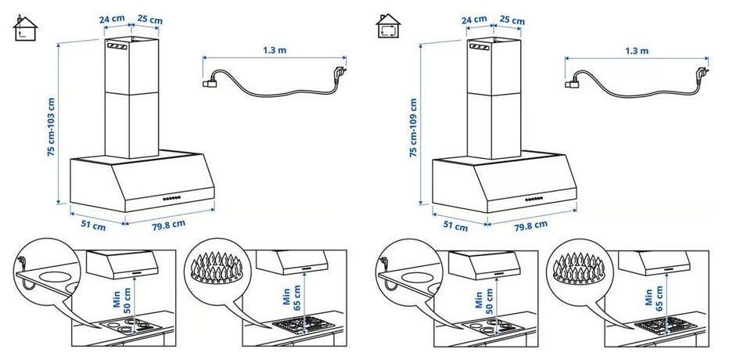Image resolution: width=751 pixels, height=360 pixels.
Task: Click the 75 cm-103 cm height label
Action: [52, 127]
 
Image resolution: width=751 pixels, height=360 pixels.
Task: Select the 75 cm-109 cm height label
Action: [413, 128]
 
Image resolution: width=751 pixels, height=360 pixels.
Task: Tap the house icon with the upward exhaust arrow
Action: [25, 27]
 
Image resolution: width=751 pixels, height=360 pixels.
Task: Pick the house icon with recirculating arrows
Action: [389, 26]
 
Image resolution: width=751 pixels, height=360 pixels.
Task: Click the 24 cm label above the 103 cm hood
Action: [112, 20]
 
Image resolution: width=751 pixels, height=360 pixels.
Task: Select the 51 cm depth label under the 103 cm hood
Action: [93, 225]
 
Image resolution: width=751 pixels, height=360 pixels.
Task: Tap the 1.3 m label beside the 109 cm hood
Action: [637, 50]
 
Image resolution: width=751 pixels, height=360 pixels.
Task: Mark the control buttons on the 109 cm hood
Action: [534, 199]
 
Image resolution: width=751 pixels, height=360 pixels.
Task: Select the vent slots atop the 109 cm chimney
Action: [479, 46]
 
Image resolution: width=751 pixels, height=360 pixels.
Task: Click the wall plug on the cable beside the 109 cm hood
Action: [702, 72]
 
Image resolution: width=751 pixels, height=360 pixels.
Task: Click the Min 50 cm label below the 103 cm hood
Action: [122, 298]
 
